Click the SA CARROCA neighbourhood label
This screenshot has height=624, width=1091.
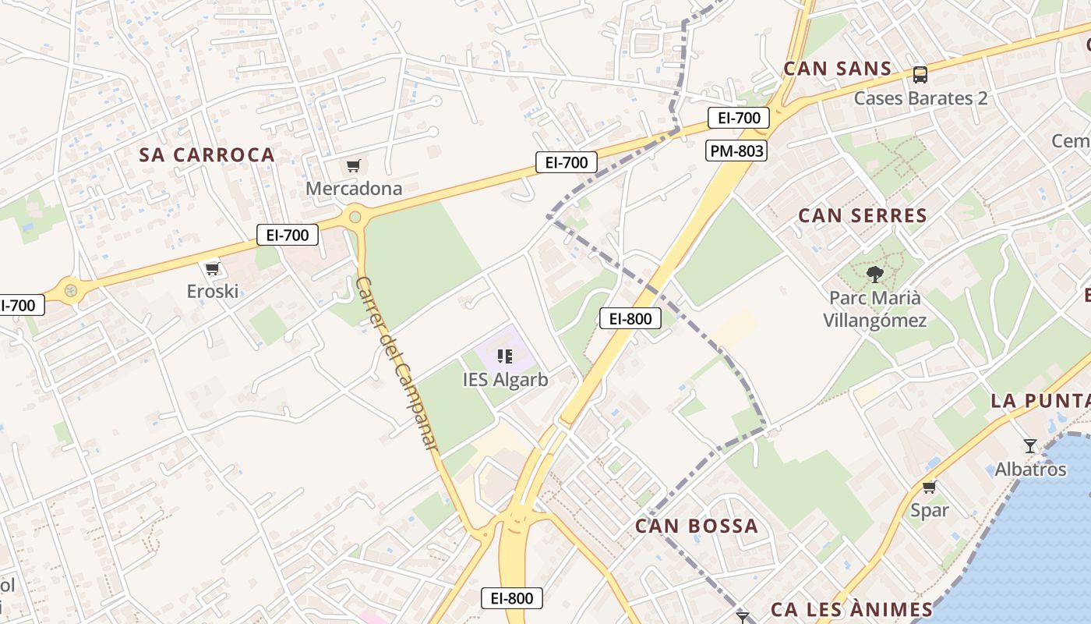click(207, 154)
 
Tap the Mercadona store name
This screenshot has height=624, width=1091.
click(354, 188)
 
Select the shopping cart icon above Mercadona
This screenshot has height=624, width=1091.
click(354, 165)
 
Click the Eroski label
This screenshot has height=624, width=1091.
click(212, 292)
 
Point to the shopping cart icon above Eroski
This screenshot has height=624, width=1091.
click(212, 269)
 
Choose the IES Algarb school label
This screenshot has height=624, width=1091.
click(505, 380)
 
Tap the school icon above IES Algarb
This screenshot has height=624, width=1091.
click(505, 356)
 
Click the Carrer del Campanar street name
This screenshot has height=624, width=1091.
click(397, 363)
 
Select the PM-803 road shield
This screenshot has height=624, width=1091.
click(736, 151)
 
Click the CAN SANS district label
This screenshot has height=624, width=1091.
click(837, 69)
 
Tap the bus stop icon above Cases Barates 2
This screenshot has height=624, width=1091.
click(920, 75)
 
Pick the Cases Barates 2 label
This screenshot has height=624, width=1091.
click(920, 98)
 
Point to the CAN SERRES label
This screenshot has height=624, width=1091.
click(863, 215)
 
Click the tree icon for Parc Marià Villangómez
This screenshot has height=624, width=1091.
click(875, 274)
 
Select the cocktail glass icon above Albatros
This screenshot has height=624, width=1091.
click(1030, 446)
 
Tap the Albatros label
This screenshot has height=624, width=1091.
click(1030, 470)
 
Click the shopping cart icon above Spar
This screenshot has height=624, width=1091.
click(929, 487)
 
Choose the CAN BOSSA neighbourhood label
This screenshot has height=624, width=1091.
click(697, 526)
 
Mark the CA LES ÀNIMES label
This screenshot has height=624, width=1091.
click(851, 609)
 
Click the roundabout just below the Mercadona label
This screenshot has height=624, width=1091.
click(356, 214)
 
